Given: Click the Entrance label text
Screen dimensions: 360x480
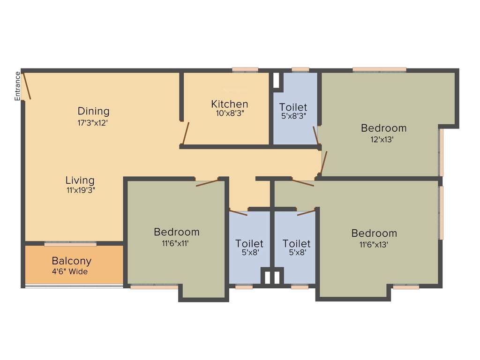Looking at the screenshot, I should (x=18, y=86).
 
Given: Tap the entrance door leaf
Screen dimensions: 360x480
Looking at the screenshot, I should (x=27, y=86).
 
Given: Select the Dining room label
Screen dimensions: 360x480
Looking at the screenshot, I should (x=94, y=111).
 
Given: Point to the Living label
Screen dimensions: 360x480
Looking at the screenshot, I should (x=80, y=180).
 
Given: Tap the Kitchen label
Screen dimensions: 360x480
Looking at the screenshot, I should (x=229, y=104).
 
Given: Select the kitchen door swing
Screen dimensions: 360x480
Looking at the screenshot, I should (x=186, y=133).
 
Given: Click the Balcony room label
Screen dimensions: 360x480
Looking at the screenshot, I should (x=71, y=261).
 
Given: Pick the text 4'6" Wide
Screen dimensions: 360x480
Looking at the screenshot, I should (x=70, y=271).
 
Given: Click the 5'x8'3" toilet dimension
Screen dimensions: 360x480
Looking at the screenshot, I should (x=293, y=117).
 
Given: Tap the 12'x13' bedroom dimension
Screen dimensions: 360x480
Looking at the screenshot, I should (x=383, y=139).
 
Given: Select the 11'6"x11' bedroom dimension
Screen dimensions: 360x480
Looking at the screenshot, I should (x=176, y=243).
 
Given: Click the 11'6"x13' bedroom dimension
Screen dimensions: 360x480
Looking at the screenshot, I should (x=374, y=244).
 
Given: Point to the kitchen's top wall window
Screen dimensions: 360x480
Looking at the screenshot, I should (x=245, y=69).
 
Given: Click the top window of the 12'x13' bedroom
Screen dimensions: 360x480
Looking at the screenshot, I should (x=379, y=69).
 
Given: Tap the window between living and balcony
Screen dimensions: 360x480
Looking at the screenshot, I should (x=70, y=244).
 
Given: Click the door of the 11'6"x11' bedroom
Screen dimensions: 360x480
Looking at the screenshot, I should (x=207, y=182).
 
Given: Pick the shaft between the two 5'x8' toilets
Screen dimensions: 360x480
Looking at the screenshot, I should (x=272, y=277).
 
